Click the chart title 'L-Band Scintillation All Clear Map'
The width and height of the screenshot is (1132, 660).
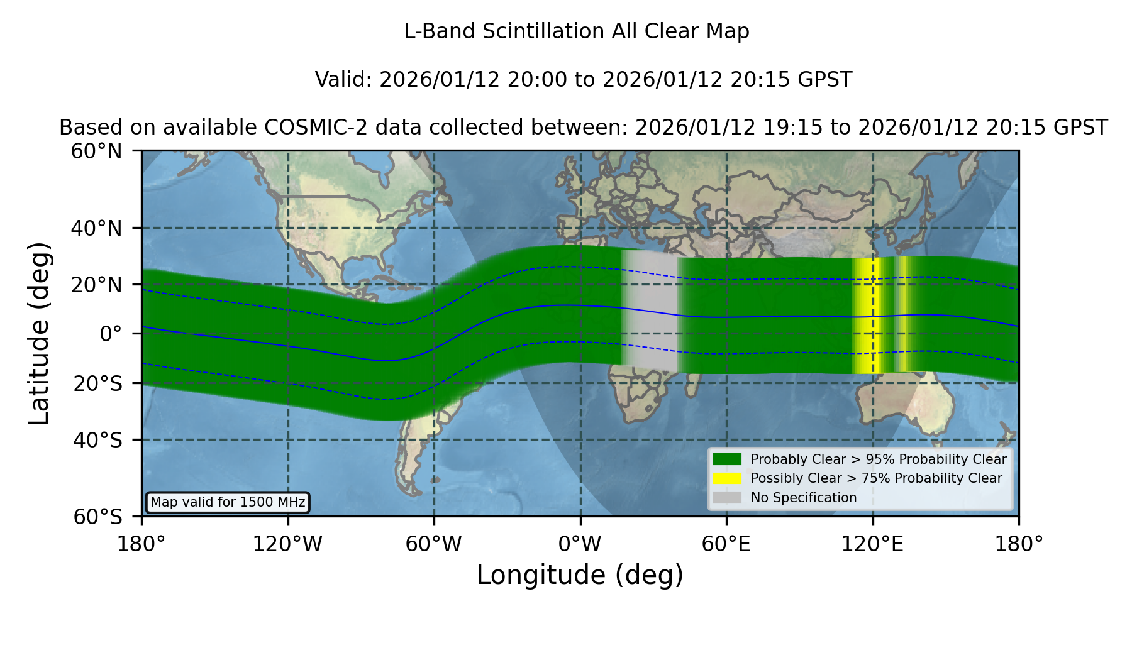tap(576, 31)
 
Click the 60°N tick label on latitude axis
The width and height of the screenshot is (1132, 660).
tap(96, 151)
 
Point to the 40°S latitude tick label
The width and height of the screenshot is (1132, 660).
tap(97, 440)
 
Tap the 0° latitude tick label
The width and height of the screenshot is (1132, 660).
tap(111, 334)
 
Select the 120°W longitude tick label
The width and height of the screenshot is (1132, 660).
tap(287, 544)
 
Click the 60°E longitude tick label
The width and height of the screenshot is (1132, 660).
tap(726, 544)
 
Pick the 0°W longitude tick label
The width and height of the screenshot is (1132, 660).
tap(580, 544)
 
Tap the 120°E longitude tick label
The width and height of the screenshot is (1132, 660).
tap(872, 544)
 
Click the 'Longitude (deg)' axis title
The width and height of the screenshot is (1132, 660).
tap(580, 575)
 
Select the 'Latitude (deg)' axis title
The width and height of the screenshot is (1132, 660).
tap(39, 334)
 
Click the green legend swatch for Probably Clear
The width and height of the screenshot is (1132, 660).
tap(727, 459)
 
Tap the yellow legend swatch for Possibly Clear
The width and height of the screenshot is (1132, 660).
tap(727, 478)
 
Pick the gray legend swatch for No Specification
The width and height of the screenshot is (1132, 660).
tap(727, 498)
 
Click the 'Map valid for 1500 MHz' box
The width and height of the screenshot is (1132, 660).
tap(228, 502)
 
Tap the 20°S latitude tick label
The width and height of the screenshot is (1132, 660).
tap(97, 383)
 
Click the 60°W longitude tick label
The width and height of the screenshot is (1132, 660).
tap(433, 544)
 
